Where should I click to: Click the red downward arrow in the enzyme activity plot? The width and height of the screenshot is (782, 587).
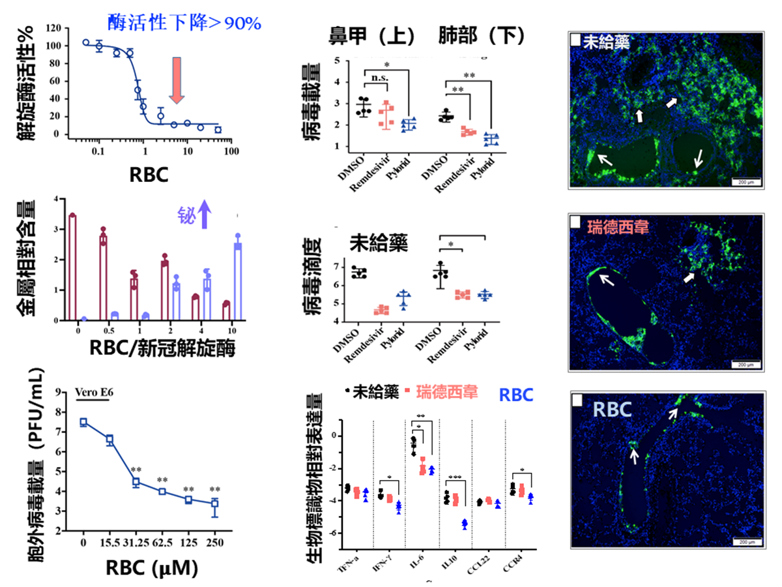[x=177, y=79]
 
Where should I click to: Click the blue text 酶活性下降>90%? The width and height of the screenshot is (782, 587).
[x=184, y=23]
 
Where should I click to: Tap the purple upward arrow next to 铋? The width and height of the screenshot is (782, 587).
[x=205, y=214]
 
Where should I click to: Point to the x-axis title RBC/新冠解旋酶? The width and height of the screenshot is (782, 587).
[x=162, y=347]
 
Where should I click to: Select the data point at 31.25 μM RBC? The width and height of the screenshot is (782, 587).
[x=136, y=482]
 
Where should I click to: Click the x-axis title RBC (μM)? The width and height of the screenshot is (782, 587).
[x=151, y=567]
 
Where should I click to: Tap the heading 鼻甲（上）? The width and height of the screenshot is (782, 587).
[x=372, y=37]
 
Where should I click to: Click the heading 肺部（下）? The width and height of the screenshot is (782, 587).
[x=482, y=37]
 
